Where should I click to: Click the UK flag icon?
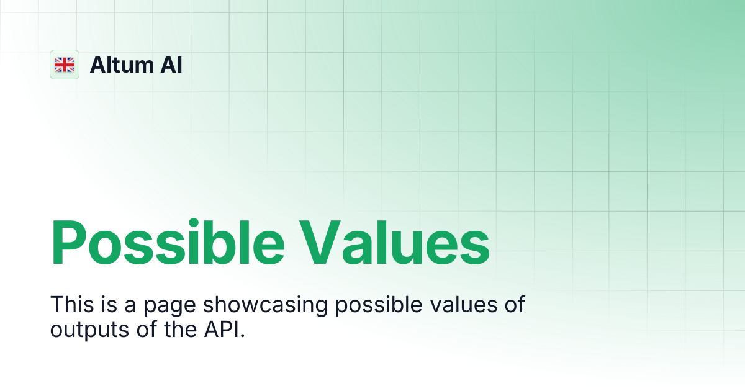65,65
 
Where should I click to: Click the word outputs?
89,331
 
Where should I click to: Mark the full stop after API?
243,336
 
